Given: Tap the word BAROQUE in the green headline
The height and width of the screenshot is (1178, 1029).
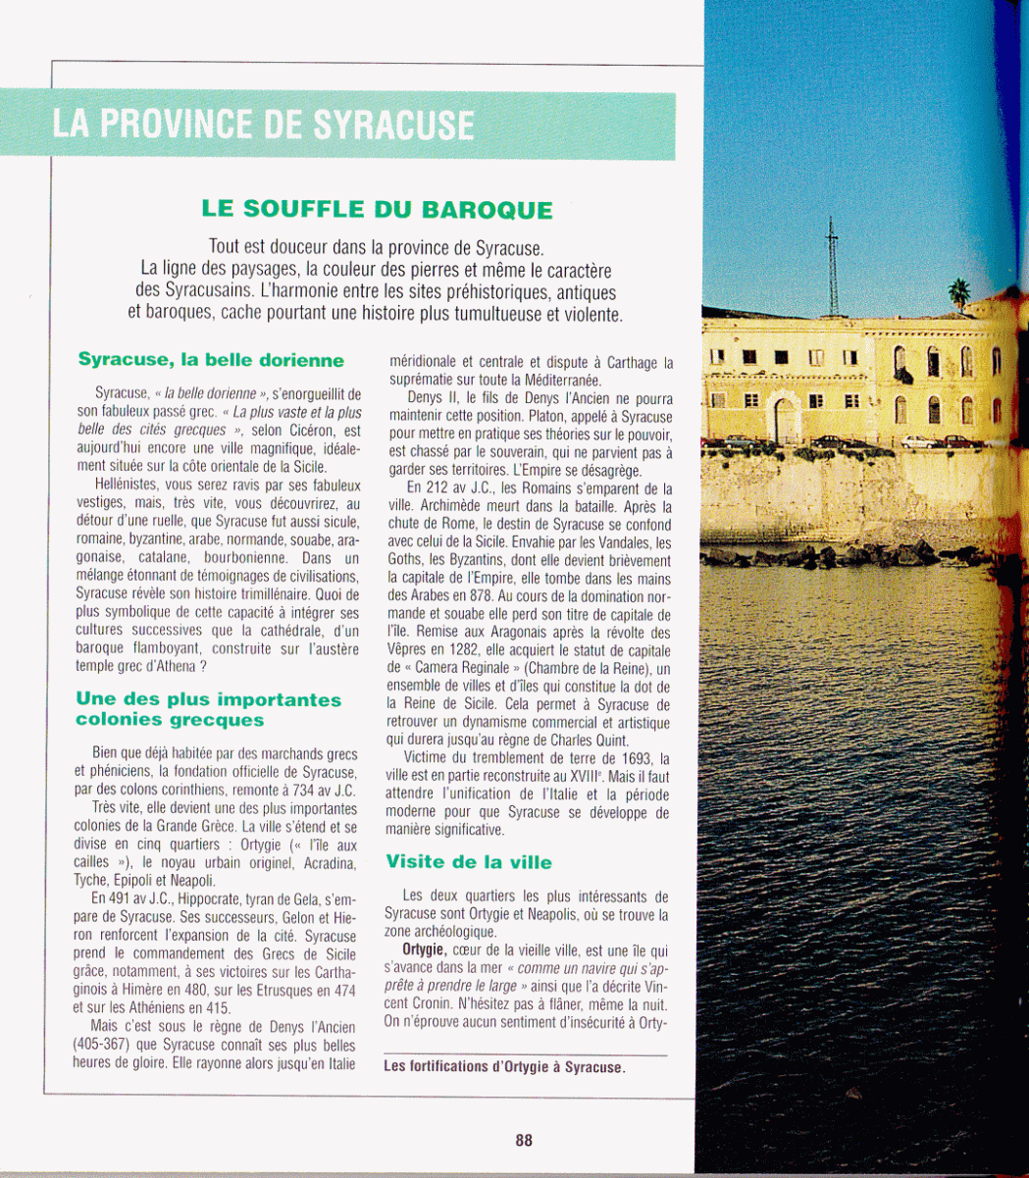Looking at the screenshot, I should (487, 210).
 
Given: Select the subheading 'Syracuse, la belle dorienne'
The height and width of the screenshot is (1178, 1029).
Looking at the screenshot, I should (211, 361).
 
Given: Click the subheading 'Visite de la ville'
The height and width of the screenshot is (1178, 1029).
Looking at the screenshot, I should (469, 863).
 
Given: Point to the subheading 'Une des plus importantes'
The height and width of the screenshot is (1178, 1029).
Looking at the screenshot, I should (209, 700).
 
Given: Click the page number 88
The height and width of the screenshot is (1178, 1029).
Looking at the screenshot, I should (524, 1140).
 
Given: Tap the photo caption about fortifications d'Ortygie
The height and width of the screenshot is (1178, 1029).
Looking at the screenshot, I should (504, 1067).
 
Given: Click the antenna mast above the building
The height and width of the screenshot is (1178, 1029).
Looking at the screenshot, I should (833, 265).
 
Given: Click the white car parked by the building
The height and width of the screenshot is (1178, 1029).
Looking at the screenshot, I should (919, 442).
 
